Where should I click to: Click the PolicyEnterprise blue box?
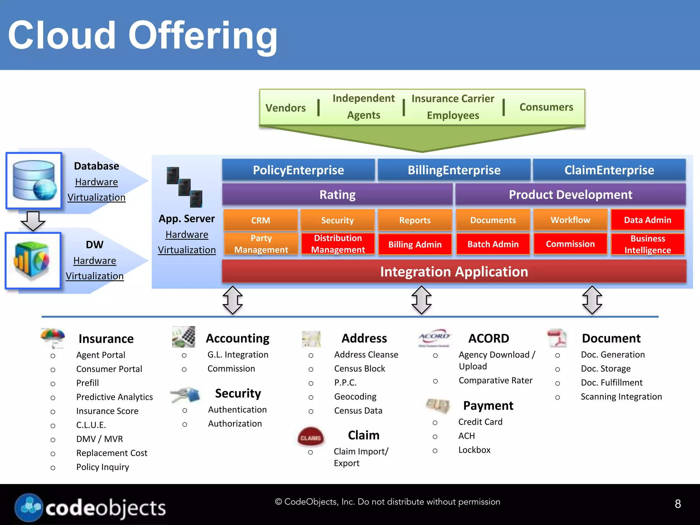pos(298,170)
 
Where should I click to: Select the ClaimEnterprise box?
pos(609,170)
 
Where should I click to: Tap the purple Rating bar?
pos(337,194)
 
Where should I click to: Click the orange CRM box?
pos(260,220)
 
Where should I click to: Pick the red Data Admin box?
pos(647,220)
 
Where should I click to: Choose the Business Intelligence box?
pos(647,244)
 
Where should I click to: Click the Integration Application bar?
pos(454,272)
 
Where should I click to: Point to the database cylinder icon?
pos(34,180)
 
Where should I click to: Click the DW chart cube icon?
pos(33,260)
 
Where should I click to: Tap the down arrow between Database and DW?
pos(33,220)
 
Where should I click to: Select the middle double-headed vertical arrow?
pos(421,300)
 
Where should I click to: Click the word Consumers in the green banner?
pos(546,107)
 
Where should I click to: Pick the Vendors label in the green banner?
pos(285,108)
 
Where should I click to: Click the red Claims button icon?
pos(310,437)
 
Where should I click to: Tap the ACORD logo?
pos(434,338)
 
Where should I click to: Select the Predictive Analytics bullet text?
pos(115,397)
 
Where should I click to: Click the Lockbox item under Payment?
pos(474,450)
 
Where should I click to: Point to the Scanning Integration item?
pos(621,396)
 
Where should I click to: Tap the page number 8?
pos(677,504)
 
